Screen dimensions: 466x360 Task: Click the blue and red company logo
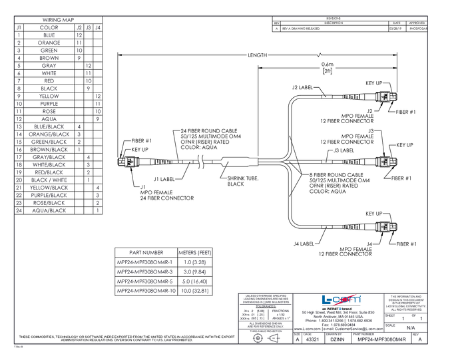(x=342, y=300)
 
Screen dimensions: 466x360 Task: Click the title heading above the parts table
(x=57, y=20)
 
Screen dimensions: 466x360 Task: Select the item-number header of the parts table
(x=19, y=27)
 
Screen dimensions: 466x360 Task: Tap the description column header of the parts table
(x=49, y=27)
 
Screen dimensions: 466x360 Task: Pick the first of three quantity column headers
(x=79, y=27)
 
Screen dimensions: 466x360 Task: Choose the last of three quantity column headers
(x=98, y=27)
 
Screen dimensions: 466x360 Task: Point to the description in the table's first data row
(x=49, y=35)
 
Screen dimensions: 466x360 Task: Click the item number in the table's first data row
(x=19, y=35)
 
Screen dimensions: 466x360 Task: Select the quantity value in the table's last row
(x=98, y=210)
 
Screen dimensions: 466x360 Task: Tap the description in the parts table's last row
(x=49, y=210)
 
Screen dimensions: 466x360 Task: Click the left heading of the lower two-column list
(x=146, y=253)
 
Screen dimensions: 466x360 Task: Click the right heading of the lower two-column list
(x=196, y=253)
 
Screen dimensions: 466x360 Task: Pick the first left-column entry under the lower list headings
(x=145, y=262)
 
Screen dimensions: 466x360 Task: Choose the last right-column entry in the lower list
(x=195, y=291)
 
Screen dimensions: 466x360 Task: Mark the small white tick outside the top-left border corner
(x=9, y=12)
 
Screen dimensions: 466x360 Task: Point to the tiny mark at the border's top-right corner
(x=427, y=15)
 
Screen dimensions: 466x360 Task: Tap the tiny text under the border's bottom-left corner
(x=19, y=347)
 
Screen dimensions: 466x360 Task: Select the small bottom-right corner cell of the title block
(x=418, y=339)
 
